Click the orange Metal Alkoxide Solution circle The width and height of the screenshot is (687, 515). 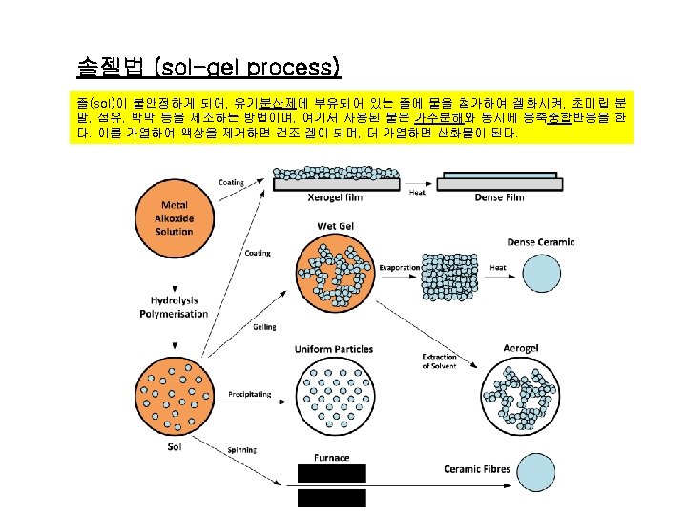(x=175, y=218)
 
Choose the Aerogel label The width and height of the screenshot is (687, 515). (x=522, y=350)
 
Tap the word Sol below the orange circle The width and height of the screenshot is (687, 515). (x=175, y=445)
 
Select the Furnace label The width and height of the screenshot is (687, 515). (x=331, y=458)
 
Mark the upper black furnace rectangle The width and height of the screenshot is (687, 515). (x=331, y=473)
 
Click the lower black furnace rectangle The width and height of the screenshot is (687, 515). (x=331, y=498)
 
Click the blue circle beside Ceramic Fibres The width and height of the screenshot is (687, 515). (x=540, y=470)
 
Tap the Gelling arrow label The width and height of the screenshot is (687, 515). (x=264, y=327)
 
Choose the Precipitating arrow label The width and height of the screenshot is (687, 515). (x=249, y=394)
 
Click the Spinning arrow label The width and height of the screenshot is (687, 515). (x=241, y=450)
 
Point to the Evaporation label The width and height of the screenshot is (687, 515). (x=400, y=268)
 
